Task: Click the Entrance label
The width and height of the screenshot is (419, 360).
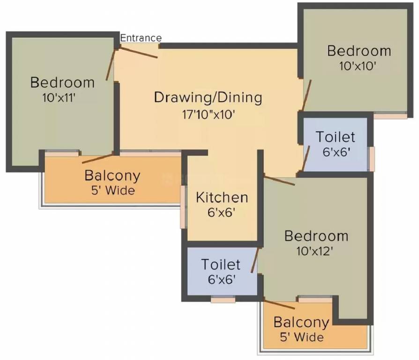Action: tap(141, 38)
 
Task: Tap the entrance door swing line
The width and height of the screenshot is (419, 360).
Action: tap(139, 52)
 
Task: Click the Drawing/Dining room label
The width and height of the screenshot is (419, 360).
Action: tap(208, 97)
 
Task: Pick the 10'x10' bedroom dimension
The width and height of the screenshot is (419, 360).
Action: tap(358, 66)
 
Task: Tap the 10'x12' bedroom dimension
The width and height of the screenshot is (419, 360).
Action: tap(315, 251)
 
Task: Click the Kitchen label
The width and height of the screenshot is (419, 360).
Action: tap(222, 197)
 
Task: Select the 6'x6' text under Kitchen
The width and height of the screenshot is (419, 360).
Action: tap(222, 212)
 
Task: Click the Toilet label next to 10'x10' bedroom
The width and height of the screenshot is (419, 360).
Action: tap(335, 137)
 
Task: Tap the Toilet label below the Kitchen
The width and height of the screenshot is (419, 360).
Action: tap(221, 264)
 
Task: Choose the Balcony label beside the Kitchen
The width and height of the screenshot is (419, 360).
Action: tap(112, 176)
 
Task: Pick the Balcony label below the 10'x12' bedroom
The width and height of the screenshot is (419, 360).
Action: tap(301, 322)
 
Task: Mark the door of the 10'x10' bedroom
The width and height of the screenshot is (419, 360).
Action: tap(307, 96)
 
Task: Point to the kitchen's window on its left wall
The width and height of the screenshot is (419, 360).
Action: tap(182, 207)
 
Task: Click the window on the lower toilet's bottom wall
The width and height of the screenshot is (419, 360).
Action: tap(223, 299)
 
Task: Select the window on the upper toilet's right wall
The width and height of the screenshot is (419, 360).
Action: tap(371, 159)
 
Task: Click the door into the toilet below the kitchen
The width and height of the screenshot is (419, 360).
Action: tap(254, 261)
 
